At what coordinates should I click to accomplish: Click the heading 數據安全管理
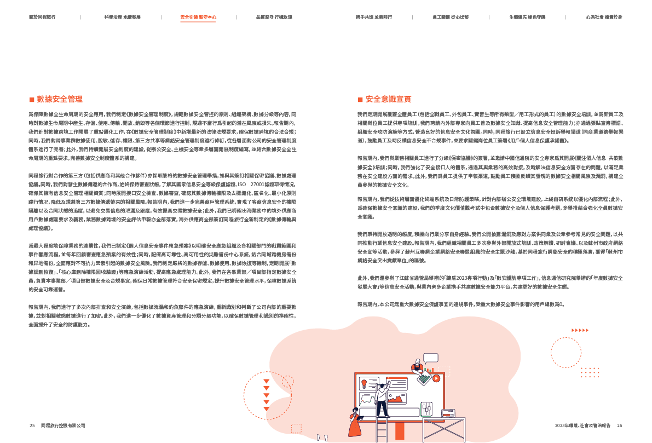tap(60, 99)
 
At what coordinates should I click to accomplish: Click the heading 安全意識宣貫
tap(388, 100)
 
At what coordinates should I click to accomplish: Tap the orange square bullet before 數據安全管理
tap(32, 100)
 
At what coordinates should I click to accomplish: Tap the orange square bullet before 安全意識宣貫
tap(360, 100)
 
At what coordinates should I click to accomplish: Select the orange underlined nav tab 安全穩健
tap(198, 18)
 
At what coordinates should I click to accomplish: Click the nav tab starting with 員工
tap(450, 18)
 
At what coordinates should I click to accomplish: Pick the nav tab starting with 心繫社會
tap(604, 18)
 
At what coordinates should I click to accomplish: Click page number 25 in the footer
tap(32, 425)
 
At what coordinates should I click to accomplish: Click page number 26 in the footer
tap(620, 425)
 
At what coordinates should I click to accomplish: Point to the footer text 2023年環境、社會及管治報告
tap(582, 425)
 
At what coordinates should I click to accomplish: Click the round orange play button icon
tap(436, 378)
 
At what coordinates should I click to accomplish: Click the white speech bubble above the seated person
tap(431, 358)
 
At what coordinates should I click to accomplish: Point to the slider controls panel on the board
tap(426, 408)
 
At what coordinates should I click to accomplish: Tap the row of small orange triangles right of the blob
tap(580, 330)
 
